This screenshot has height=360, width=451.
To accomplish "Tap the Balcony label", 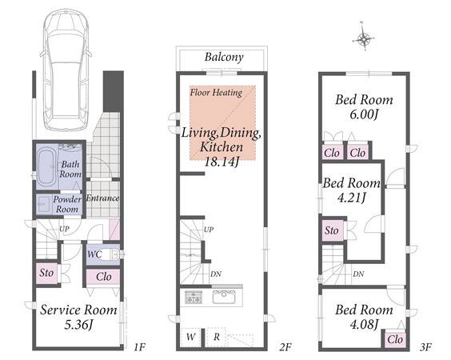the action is tap(224, 57).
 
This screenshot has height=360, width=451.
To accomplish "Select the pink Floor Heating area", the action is tap(222, 122).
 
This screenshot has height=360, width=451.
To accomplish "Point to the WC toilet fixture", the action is tap(112, 254).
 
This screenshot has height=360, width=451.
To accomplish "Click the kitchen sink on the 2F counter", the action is tap(224, 297).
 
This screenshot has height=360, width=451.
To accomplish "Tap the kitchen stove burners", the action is tap(194, 297).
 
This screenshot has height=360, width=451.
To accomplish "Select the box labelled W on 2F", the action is tap(190, 337).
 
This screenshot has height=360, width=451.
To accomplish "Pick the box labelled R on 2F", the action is tap(217, 337).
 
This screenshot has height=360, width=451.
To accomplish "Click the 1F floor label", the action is tap(139, 347).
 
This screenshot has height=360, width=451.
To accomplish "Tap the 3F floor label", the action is tap(425, 347).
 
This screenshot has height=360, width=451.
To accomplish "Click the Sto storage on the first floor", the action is tap(46, 273).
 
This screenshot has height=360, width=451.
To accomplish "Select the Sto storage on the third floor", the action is tap(332, 230).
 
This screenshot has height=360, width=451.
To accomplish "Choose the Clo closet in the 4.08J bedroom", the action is tap(395, 339).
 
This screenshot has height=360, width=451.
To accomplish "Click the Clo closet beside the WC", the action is tap(103, 277).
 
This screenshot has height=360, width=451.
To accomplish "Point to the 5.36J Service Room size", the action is tap(78, 325).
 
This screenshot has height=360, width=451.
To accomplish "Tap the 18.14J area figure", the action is tap(222, 162).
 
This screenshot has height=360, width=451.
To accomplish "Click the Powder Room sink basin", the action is tap(43, 204).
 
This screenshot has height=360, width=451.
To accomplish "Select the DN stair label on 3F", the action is tap(358, 274).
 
